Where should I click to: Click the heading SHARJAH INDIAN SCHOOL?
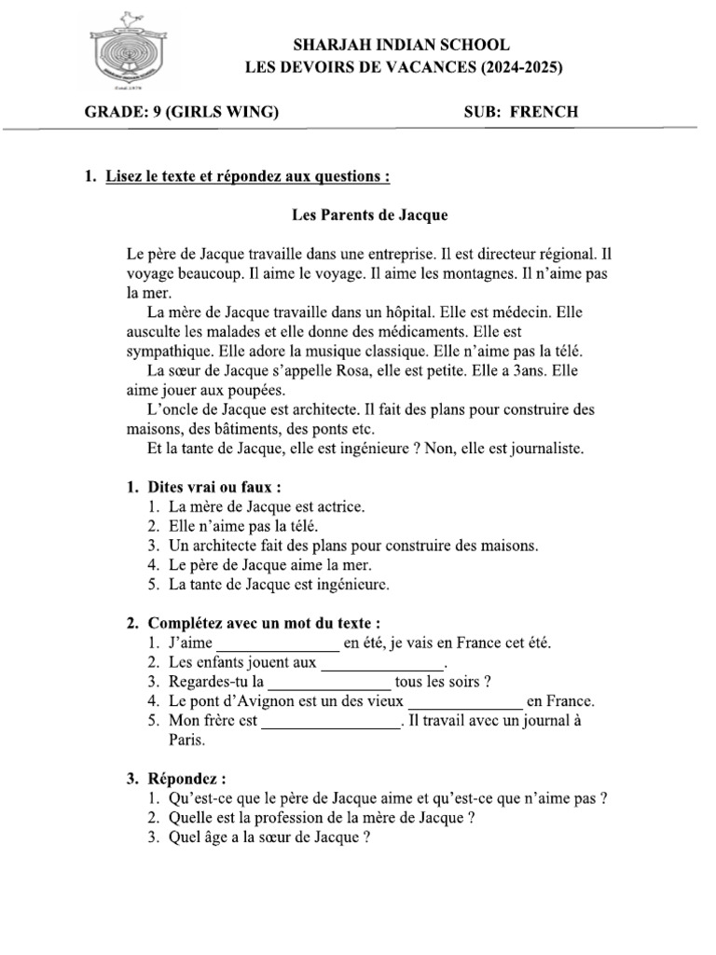click(x=402, y=44)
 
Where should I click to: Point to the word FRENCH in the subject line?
click(x=545, y=112)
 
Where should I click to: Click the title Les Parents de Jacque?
click(x=370, y=215)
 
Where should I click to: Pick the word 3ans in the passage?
click(x=525, y=369)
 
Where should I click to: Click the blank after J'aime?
click(x=279, y=644)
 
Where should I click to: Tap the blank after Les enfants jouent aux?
click(x=382, y=662)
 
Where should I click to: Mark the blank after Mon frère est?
click(x=329, y=721)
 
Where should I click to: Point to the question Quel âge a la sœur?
click(x=264, y=837)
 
